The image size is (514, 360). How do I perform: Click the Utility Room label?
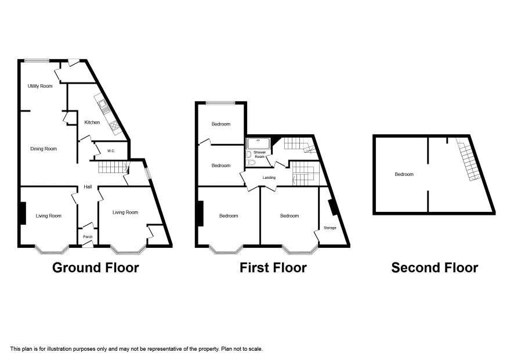coord(40,86)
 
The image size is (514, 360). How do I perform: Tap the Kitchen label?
coord(92,123)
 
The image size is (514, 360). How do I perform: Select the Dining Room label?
coord(44,149)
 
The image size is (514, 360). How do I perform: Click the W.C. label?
coord(111,151)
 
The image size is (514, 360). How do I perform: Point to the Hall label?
coord(88,187)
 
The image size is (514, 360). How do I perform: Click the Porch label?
coord(88,236)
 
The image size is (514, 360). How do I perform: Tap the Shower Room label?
coord(260,154)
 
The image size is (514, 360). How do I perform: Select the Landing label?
coord(269,178)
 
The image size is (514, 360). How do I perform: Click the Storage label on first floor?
coord(330,228)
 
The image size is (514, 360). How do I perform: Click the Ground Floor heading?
coord(96,268)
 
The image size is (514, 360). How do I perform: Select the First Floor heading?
coord(273,268)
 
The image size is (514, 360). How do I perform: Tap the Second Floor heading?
coord(435,268)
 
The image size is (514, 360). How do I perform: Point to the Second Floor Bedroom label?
coord(404,174)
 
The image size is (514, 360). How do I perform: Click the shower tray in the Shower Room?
coord(259,144)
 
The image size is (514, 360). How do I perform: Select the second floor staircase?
coord(469,159)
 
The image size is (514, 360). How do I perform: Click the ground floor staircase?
coord(113,167)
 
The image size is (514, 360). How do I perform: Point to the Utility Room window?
coord(37,60)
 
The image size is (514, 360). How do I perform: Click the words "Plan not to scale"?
coord(242,349)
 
